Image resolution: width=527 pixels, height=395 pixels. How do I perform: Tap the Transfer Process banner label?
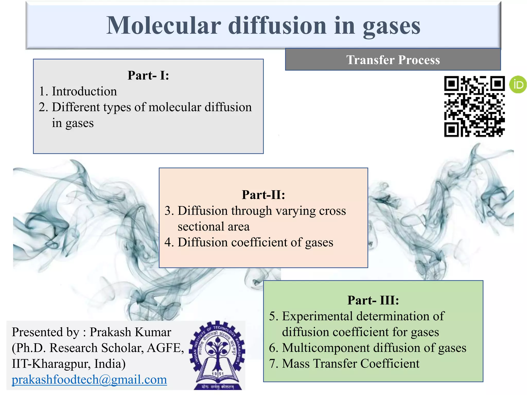pos(393,60)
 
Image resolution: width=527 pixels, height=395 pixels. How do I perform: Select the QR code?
pos(474,106)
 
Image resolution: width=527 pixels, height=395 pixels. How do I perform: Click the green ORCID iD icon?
pos(518,84)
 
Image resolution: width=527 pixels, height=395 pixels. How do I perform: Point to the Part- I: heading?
pos(148,75)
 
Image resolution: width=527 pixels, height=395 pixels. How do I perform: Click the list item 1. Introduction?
pos(78,91)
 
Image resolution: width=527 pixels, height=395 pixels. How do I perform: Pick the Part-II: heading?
pos(263,195)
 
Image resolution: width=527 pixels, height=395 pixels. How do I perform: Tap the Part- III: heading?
pos(373,300)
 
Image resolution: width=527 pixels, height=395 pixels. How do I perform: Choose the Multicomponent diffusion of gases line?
pos(368,348)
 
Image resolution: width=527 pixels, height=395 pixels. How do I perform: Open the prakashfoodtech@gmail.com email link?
pos(89,380)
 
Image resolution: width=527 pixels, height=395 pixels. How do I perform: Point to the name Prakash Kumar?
pos(130,332)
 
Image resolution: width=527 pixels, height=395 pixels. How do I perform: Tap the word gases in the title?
pos(391,26)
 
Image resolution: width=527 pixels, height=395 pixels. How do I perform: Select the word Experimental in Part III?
pos(317,316)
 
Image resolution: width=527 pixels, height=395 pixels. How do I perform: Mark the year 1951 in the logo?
pos(217,373)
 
